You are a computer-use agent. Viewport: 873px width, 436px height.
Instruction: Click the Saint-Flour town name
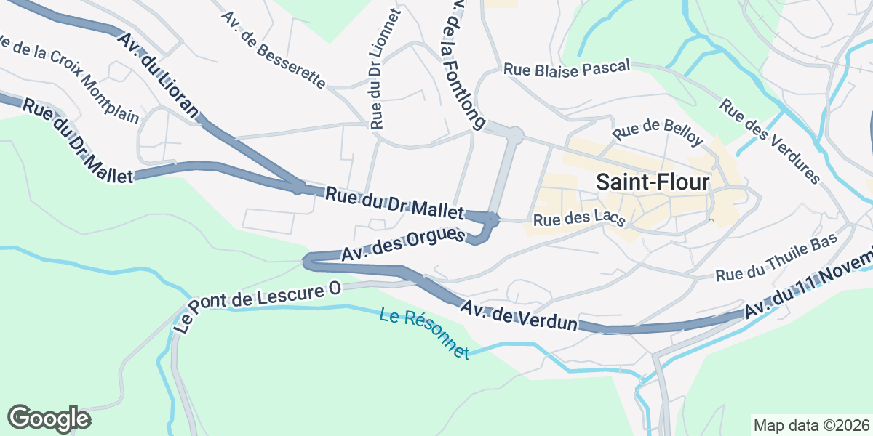(653, 182)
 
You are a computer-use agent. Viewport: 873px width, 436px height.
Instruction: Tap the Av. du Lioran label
(157, 76)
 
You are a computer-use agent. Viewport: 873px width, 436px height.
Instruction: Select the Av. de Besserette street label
(274, 49)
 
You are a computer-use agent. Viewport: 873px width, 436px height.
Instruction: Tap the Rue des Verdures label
(770, 140)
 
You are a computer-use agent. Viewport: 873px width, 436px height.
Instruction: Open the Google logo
(49, 419)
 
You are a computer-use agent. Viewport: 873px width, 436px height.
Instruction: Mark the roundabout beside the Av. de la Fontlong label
(514, 134)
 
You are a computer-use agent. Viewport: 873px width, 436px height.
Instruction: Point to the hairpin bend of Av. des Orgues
(308, 260)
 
